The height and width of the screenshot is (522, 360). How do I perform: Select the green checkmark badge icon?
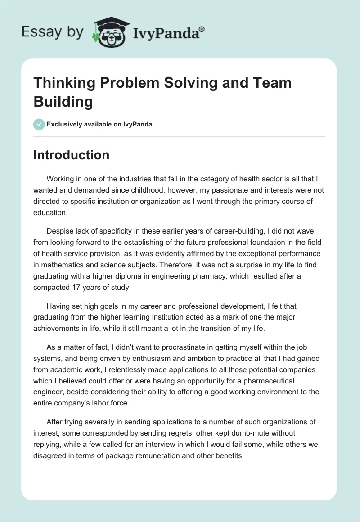pyautogui.click(x=39, y=124)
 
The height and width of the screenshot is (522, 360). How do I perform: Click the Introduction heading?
pyautogui.click(x=72, y=155)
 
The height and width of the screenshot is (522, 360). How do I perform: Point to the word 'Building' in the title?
pyautogui.click(x=63, y=101)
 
